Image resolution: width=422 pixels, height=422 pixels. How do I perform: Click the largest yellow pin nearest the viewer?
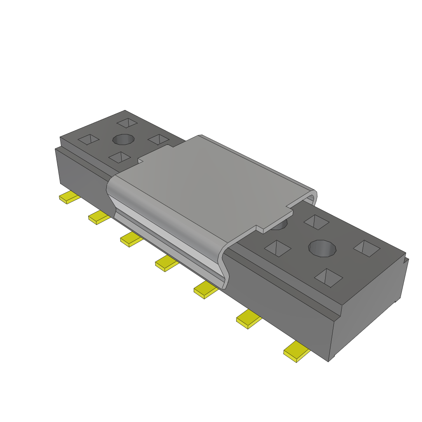click(296, 352)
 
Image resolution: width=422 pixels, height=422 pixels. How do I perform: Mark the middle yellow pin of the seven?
click(166, 263)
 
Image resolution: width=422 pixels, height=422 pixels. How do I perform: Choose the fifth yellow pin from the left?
click(205, 290)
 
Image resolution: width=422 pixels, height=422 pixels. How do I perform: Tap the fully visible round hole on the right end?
click(323, 249)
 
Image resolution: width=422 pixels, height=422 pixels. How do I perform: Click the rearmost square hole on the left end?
click(127, 123)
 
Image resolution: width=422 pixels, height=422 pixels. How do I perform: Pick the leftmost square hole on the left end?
click(89, 140)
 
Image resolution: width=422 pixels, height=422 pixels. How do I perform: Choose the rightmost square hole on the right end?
click(367, 248)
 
